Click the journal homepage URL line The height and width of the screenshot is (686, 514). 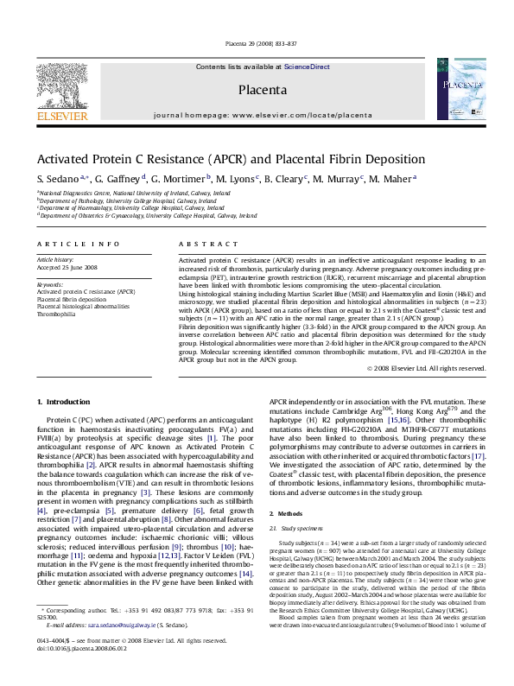(257, 115)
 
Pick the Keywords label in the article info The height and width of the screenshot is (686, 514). (50, 284)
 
